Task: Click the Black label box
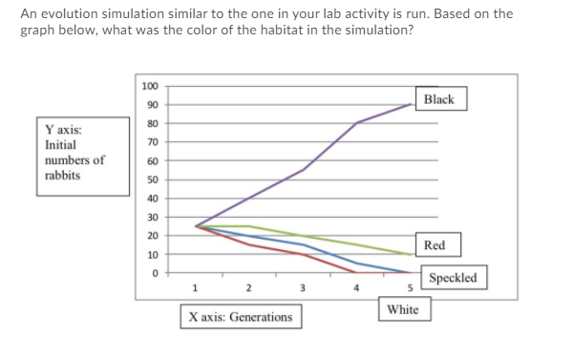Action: coord(438,100)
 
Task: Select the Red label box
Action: coord(434,245)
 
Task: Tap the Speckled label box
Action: coord(454,279)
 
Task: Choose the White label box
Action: coord(402,309)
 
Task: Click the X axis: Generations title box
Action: coord(241,317)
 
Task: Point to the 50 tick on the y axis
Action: coord(152,180)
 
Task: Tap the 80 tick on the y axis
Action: coord(152,124)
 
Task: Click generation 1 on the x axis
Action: coord(196,287)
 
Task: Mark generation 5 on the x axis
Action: coord(411,287)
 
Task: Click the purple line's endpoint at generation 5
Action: coord(411,104)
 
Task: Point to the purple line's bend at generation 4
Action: coord(357,123)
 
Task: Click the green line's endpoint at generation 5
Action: coord(411,255)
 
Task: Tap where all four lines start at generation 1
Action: coord(196,226)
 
